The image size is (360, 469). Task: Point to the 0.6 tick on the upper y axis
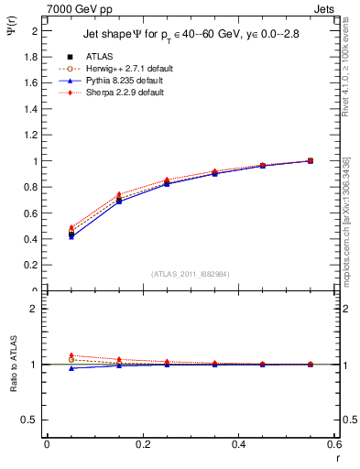pyautogui.click(x=32, y=213)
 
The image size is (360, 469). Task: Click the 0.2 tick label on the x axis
pyautogui.click(x=142, y=444)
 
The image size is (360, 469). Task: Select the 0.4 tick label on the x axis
pyautogui.click(x=238, y=444)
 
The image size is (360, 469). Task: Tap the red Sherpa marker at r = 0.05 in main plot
pyautogui.click(x=71, y=227)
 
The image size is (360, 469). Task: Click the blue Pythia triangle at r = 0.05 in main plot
pyautogui.click(x=71, y=236)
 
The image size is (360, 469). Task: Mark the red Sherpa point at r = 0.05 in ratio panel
pyautogui.click(x=71, y=355)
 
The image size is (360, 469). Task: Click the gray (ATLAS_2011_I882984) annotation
pyautogui.click(x=190, y=274)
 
